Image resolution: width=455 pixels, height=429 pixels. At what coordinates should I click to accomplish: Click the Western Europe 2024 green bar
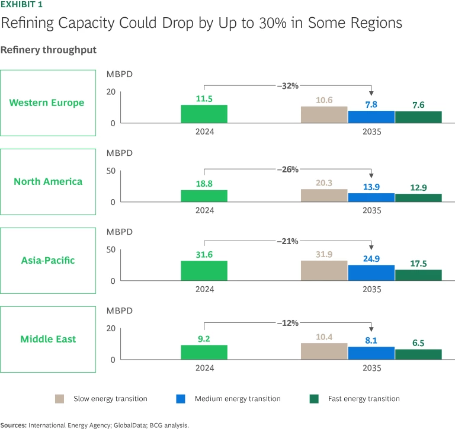204,114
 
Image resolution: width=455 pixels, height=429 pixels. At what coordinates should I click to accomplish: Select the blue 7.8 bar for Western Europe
371,117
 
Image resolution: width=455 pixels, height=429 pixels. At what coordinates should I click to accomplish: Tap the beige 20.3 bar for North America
324,196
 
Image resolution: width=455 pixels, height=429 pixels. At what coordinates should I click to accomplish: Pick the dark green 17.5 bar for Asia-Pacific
418,275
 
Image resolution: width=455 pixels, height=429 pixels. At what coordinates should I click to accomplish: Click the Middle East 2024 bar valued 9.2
204,352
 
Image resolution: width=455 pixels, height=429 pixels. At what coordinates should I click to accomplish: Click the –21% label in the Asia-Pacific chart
287,242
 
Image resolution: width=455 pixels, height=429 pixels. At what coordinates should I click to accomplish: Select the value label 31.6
204,255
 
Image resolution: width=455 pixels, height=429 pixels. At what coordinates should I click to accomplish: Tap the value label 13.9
371,187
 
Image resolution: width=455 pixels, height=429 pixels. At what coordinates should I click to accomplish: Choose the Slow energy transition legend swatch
60,399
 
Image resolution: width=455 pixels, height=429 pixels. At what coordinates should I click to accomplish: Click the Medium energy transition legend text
238,399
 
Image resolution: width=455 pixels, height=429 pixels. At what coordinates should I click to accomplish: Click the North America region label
48,181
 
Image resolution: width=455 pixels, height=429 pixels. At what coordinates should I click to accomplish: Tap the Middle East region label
48,339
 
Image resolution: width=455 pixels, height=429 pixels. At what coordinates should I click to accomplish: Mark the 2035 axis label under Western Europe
371,132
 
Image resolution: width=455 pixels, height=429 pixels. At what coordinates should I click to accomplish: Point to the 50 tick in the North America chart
111,171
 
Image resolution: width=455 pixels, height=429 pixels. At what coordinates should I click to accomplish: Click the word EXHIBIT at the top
16,5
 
